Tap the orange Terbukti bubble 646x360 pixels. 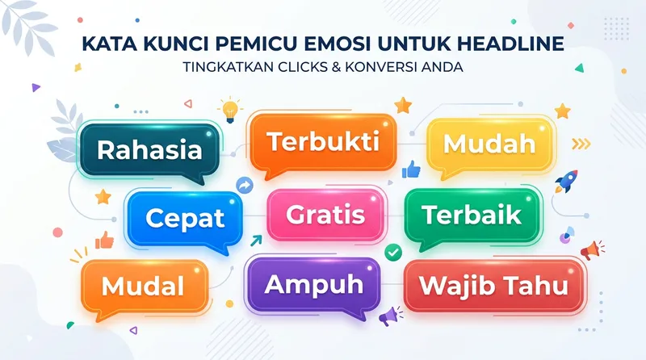pos(323,142)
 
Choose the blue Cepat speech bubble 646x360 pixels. pos(185,217)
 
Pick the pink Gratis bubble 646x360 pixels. pos(326,215)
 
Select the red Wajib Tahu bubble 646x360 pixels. pos(493,286)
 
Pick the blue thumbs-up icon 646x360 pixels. pos(412,169)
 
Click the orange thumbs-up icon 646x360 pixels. pos(104,240)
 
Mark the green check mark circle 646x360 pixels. pos(393,253)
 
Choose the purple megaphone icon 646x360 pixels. pos(391,313)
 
